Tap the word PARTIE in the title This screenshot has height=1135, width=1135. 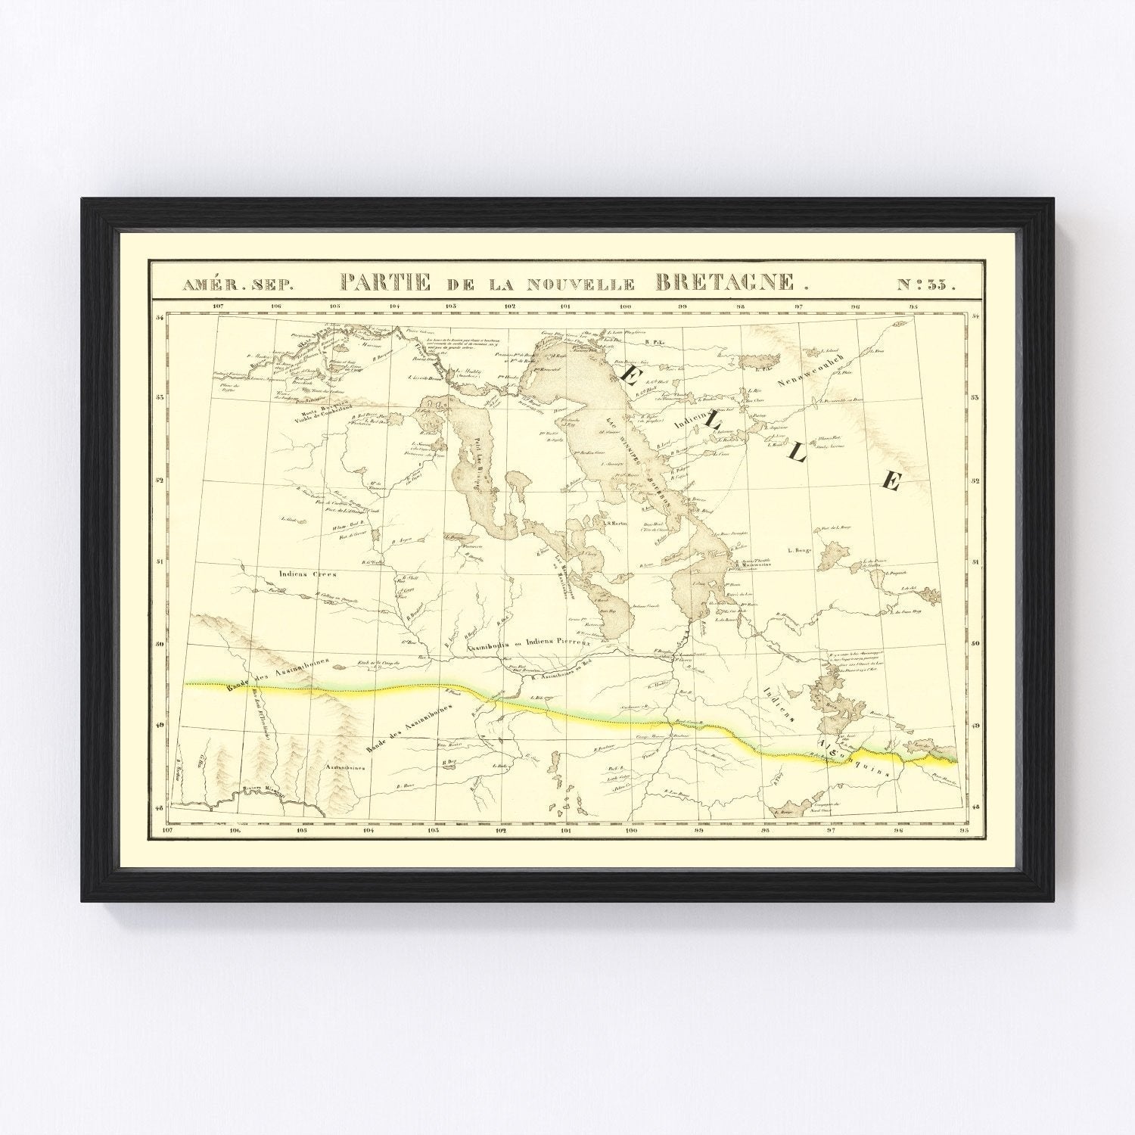(x=386, y=283)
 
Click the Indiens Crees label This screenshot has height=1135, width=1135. (x=307, y=574)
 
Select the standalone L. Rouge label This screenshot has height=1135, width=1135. (x=799, y=550)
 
